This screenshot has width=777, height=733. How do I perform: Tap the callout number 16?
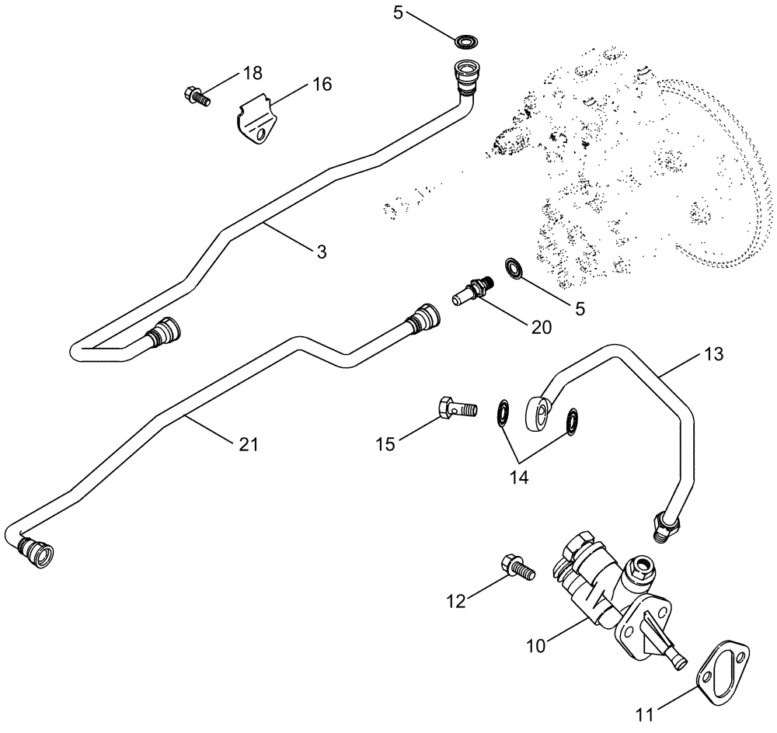321,84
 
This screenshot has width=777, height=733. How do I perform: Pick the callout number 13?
713,354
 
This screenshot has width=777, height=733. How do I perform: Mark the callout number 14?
519,478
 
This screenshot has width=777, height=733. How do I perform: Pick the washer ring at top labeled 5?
468,40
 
